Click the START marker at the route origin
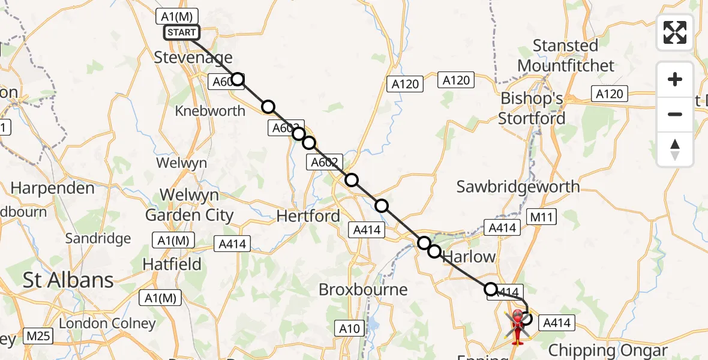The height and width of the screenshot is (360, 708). (181, 32)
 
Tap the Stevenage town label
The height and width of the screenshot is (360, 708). (193, 58)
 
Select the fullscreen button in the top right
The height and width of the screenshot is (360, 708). (675, 32)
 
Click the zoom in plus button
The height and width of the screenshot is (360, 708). (675, 79)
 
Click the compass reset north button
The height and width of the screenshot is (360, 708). (675, 149)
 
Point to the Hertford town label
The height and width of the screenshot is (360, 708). (308, 216)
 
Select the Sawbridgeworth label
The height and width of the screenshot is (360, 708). (518, 187)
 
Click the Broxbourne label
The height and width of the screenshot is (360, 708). (363, 289)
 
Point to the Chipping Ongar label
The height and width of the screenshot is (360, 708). (608, 350)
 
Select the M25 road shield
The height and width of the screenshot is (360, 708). (38, 336)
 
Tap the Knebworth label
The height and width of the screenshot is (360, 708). (210, 111)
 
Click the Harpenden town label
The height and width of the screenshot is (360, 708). (53, 188)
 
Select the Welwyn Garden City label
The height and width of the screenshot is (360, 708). (190, 205)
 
